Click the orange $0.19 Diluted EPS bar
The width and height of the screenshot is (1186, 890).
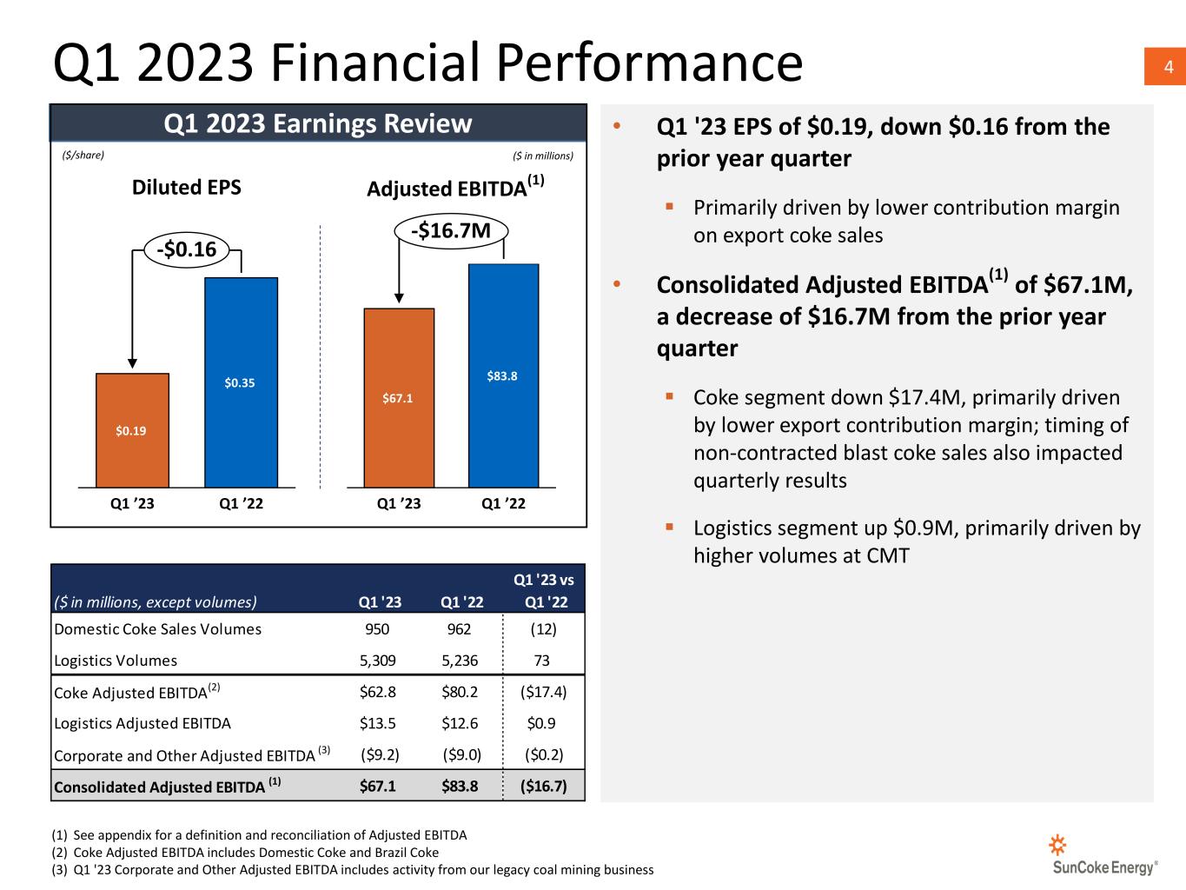[132, 430]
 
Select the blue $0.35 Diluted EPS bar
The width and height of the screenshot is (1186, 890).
[241, 382]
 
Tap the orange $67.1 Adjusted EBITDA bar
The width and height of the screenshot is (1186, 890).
[398, 398]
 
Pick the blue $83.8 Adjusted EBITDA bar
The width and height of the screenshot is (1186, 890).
[503, 375]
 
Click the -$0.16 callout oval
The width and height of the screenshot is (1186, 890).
[186, 250]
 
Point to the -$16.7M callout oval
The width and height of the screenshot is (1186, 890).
[451, 230]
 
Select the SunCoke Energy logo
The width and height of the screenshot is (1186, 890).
[1104, 855]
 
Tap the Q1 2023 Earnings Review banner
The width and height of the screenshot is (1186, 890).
[318, 123]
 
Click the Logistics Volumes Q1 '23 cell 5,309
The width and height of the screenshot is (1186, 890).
[377, 661]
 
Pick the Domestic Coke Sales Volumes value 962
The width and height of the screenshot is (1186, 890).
[459, 628]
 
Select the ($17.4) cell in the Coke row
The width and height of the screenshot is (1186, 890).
[543, 692]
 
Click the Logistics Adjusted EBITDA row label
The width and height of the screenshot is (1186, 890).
[142, 723]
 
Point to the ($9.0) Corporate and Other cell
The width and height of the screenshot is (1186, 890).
[461, 754]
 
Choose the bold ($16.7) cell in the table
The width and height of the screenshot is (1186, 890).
[543, 787]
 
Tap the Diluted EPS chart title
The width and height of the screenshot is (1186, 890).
[186, 188]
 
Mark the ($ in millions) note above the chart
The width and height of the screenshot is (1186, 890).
[543, 156]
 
